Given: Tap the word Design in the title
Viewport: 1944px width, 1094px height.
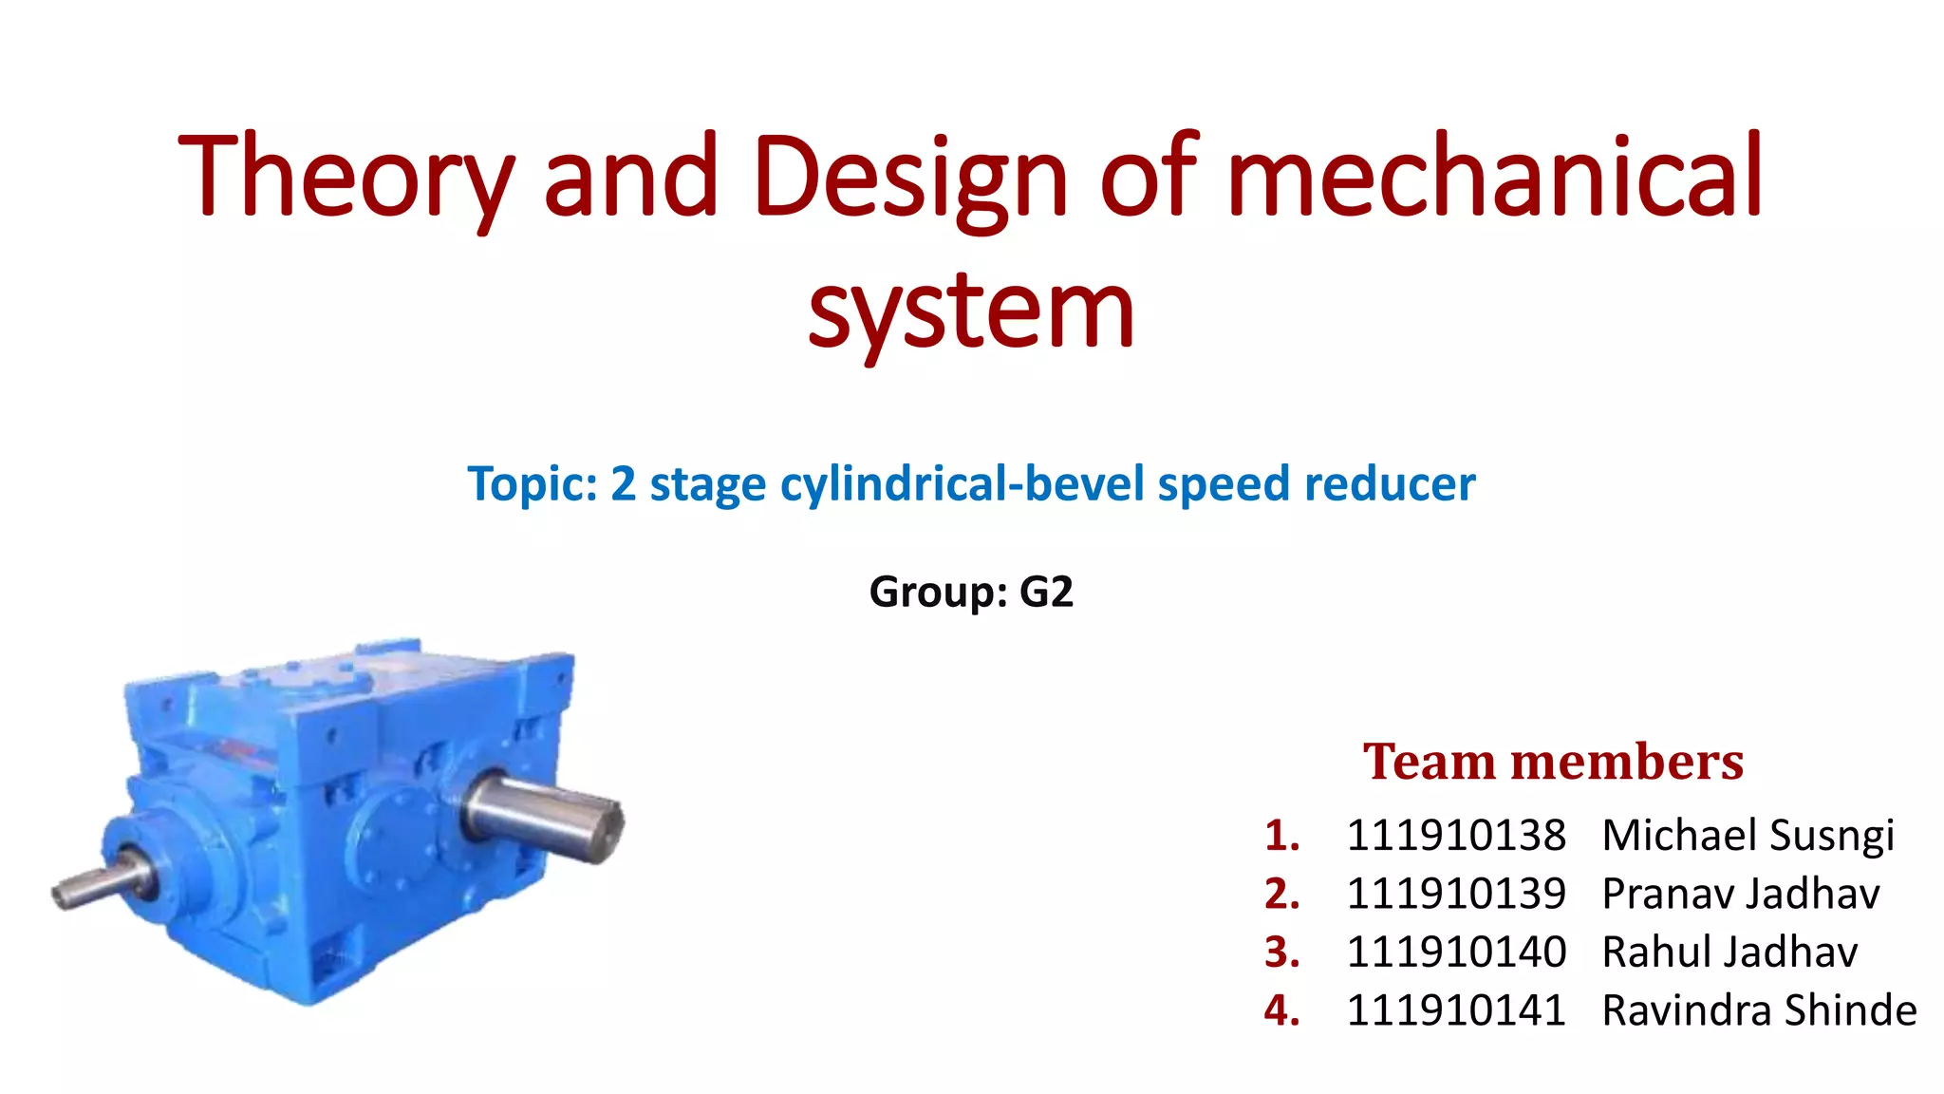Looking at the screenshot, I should pyautogui.click(x=910, y=178).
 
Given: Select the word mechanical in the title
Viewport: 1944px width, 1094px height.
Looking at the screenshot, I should pyautogui.click(x=1495, y=176).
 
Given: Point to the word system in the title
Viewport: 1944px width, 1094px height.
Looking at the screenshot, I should pyautogui.click(x=971, y=310).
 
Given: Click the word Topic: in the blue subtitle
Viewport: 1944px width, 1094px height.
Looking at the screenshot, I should pyautogui.click(x=533, y=483).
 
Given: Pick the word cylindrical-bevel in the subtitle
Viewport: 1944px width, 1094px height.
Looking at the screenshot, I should pyautogui.click(x=963, y=483).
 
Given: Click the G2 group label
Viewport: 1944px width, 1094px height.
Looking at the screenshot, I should pyautogui.click(x=1046, y=592).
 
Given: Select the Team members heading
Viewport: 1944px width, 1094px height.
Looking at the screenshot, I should pyautogui.click(x=1553, y=762).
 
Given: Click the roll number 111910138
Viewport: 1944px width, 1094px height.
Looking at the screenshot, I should pyautogui.click(x=1456, y=836).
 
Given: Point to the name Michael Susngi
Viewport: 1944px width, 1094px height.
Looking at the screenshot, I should pyautogui.click(x=1748, y=836).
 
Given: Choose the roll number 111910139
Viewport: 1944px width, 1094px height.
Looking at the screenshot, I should pyautogui.click(x=1456, y=894).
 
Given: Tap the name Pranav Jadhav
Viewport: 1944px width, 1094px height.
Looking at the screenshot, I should pyautogui.click(x=1740, y=894).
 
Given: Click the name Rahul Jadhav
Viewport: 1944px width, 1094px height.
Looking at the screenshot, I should pyautogui.click(x=1729, y=952).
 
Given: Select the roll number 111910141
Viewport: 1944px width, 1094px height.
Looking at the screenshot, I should pyautogui.click(x=1456, y=1009).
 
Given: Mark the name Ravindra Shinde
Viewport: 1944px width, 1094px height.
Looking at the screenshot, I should pyautogui.click(x=1759, y=1009).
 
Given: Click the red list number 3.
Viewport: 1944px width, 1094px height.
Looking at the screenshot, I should pyautogui.click(x=1280, y=952).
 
